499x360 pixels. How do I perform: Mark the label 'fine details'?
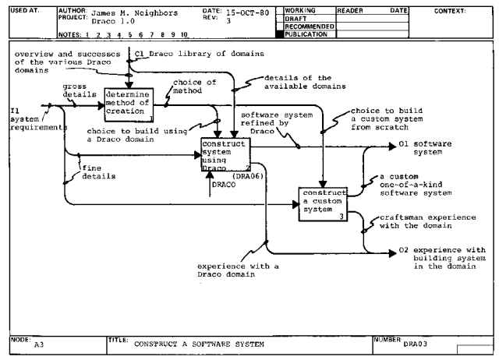click(100, 172)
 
